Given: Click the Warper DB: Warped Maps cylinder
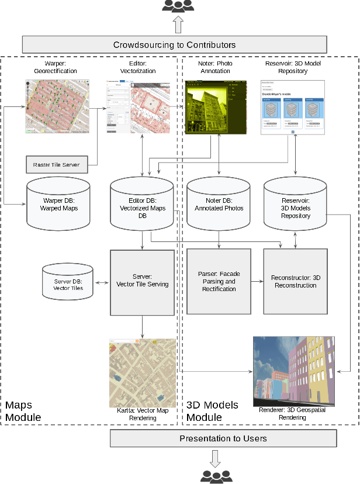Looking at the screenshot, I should point(58,203).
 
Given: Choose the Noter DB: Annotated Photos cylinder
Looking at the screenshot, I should point(219,203).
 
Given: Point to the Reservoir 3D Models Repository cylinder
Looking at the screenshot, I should point(295,203).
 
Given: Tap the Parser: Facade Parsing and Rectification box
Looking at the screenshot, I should point(219,281).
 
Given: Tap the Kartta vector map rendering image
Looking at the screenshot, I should point(143,373).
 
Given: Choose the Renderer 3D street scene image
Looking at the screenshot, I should point(293,371).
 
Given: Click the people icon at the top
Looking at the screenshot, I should point(178,6).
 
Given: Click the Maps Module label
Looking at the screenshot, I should point(23,411).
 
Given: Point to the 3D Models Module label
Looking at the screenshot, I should point(212,411).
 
